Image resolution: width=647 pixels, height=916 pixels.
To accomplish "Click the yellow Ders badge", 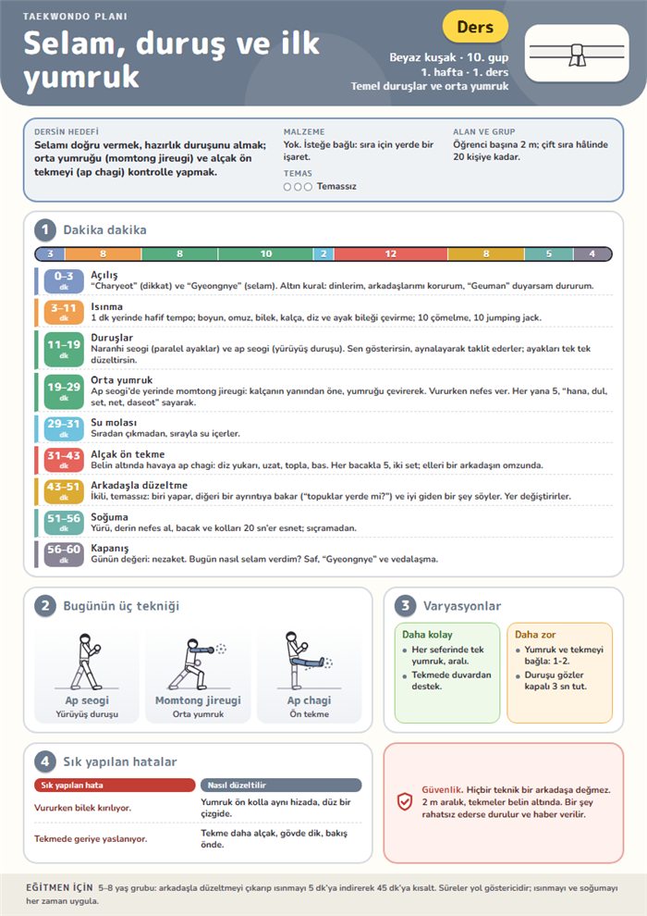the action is [x=475, y=27].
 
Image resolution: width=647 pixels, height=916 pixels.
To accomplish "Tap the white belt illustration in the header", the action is [x=577, y=53].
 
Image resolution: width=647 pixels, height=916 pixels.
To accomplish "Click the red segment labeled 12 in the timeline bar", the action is [x=390, y=254].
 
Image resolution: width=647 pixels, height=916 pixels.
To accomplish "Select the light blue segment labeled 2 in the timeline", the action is [x=323, y=254].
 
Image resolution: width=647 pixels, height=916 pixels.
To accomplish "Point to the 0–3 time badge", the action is [x=64, y=280].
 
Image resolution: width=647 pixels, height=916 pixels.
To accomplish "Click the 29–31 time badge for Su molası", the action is [x=64, y=428].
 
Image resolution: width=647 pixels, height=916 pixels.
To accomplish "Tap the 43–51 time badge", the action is [x=64, y=491].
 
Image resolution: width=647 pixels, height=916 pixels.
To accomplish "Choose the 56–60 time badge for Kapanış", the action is [x=64, y=554].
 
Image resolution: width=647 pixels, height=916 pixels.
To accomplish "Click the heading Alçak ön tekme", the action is [x=128, y=454].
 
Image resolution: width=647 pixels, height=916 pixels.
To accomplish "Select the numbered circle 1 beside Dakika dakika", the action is [x=45, y=230].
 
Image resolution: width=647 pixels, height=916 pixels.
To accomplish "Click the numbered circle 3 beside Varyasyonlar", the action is [x=405, y=606].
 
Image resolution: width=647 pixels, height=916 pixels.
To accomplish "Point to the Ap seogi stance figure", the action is [x=86, y=662].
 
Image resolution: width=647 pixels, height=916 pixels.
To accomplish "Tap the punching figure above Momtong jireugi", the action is [x=195, y=664].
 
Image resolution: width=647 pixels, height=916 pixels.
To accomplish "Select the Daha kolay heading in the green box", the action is [x=427, y=635].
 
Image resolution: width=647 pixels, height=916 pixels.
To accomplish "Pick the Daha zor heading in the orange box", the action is [x=535, y=635].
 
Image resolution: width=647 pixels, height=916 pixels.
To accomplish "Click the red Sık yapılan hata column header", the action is [x=115, y=786].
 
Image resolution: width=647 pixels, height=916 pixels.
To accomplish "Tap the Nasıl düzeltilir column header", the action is [x=281, y=786].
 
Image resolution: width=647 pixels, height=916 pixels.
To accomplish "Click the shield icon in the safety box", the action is [x=405, y=801].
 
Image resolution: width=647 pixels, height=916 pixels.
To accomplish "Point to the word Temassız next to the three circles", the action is [x=336, y=186].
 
